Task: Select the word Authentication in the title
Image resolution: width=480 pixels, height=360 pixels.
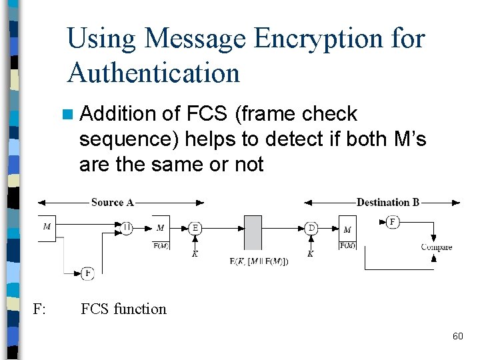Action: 153,72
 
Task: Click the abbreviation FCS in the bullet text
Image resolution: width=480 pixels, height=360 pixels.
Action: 207,114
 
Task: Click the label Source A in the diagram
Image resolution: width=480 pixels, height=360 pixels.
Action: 113,202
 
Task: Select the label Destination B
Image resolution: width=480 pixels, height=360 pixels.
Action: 388,202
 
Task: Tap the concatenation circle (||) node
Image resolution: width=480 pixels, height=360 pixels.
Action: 127,227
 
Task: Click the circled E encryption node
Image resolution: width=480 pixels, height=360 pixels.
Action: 195,227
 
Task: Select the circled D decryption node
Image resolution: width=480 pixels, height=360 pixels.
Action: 311,227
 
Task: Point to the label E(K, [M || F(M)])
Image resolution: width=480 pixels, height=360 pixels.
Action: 259,261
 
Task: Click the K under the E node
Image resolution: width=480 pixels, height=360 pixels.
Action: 195,253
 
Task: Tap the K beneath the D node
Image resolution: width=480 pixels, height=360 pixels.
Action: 311,253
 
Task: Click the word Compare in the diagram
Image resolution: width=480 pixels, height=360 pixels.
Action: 437,247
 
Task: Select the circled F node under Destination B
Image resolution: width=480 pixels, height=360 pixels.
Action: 393,221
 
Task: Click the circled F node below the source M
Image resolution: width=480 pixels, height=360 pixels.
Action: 87,273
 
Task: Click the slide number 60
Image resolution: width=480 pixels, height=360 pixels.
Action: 457,336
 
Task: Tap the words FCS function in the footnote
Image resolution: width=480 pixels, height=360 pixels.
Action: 123,309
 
